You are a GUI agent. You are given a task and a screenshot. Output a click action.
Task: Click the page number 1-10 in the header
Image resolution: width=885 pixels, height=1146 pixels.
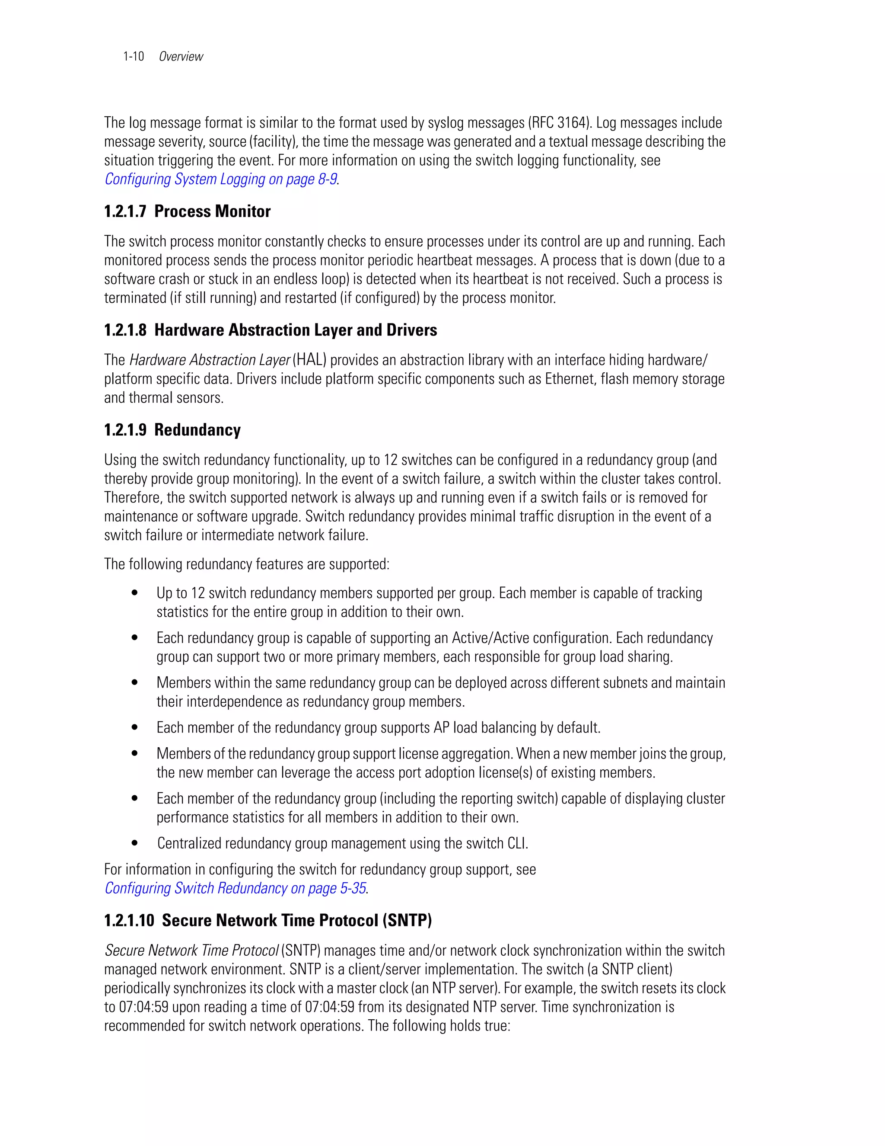[x=134, y=57]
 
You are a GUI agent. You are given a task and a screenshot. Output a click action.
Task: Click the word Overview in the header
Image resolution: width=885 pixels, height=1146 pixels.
[x=181, y=57]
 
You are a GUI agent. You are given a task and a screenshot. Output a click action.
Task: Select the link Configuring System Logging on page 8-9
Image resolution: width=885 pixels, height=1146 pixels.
[x=221, y=179]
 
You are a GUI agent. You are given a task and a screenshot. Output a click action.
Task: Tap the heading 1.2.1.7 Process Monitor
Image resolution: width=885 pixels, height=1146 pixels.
[x=187, y=211]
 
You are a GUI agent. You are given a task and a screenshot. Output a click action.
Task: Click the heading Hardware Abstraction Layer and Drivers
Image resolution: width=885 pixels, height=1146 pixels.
[x=296, y=330]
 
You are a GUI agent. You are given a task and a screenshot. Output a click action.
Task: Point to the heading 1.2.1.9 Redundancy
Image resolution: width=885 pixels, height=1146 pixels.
[x=172, y=430]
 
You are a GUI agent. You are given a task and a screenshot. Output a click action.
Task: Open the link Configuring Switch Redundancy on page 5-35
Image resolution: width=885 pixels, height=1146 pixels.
[x=235, y=888]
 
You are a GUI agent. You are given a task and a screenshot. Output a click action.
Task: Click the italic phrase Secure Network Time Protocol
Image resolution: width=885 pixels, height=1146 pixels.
[x=192, y=951]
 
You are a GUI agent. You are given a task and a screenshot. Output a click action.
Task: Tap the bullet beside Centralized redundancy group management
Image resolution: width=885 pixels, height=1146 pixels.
[x=135, y=843]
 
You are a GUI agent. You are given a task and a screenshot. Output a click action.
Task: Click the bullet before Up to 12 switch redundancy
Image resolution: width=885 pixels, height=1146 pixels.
[x=135, y=593]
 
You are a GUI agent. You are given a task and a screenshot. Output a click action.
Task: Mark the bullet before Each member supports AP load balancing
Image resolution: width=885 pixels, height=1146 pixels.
[x=135, y=728]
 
